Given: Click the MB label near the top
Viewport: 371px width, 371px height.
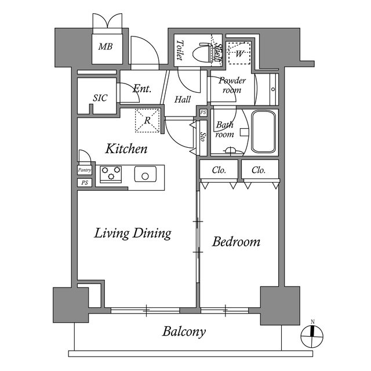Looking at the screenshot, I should point(106,47).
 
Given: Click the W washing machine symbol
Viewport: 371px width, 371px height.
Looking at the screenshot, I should point(239,54).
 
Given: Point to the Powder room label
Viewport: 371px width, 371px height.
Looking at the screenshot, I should point(232,86).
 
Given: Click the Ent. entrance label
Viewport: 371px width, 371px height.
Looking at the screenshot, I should point(142,89).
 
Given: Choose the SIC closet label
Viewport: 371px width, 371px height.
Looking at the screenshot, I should point(100,98).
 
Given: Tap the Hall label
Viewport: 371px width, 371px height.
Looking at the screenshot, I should point(183,99).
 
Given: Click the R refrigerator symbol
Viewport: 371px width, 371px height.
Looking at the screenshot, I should point(147,121).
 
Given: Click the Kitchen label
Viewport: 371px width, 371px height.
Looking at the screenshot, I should point(126,149).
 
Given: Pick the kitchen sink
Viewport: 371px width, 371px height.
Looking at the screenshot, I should point(146,174).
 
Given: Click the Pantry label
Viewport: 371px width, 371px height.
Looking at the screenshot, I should point(85,170).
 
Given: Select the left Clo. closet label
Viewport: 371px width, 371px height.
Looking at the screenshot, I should point(219,170).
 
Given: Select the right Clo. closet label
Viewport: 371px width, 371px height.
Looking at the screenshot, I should point(259,170).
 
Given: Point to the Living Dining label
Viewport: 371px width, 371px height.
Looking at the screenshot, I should point(133,233).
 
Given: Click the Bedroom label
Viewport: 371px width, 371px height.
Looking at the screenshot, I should point(236,242).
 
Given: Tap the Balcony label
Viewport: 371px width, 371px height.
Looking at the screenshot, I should point(184,332).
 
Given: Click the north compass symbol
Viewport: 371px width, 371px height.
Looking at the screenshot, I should point(312,333).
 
